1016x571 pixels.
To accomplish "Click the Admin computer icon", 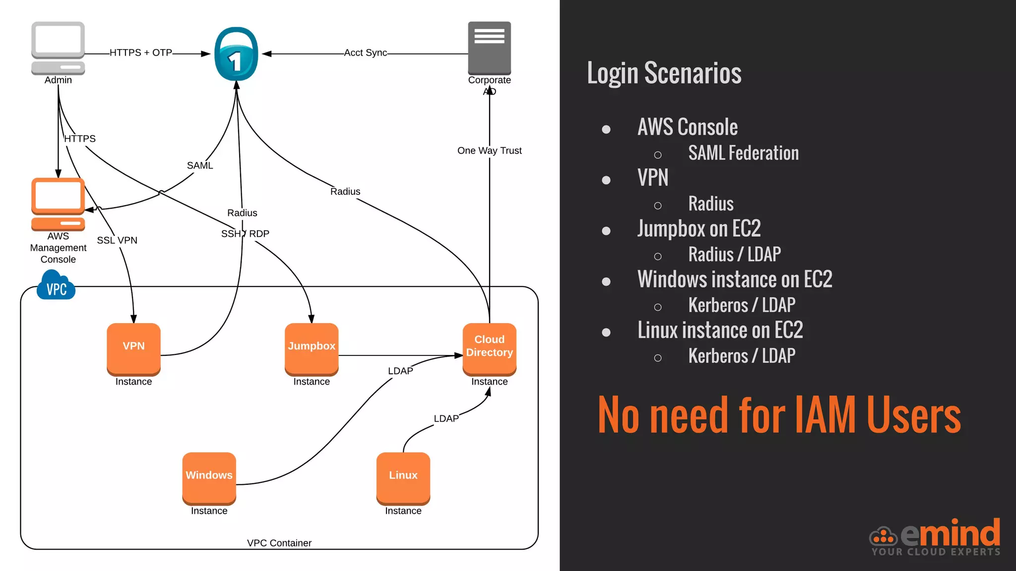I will click(58, 48).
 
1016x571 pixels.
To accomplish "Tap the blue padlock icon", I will click(236, 55).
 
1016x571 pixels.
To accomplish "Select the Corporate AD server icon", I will click(489, 48).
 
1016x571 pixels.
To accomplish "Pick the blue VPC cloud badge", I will click(56, 287).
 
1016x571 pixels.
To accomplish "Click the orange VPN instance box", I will click(133, 348).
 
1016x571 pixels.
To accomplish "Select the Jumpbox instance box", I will click(312, 348).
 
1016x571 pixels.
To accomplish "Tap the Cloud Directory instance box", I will click(489, 348).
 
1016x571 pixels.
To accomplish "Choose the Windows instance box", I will click(209, 477).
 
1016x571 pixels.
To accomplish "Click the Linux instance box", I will click(403, 477).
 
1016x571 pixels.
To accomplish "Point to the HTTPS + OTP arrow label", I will click(141, 53).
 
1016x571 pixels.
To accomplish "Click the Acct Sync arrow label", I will click(366, 53).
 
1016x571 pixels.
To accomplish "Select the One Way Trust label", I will click(489, 151).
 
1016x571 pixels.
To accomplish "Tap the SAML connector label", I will click(200, 166).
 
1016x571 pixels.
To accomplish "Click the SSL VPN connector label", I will click(117, 240).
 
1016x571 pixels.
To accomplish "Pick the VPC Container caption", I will click(279, 543).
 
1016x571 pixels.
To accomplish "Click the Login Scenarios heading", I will click(664, 73).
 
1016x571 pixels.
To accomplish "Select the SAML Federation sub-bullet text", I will click(743, 153).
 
